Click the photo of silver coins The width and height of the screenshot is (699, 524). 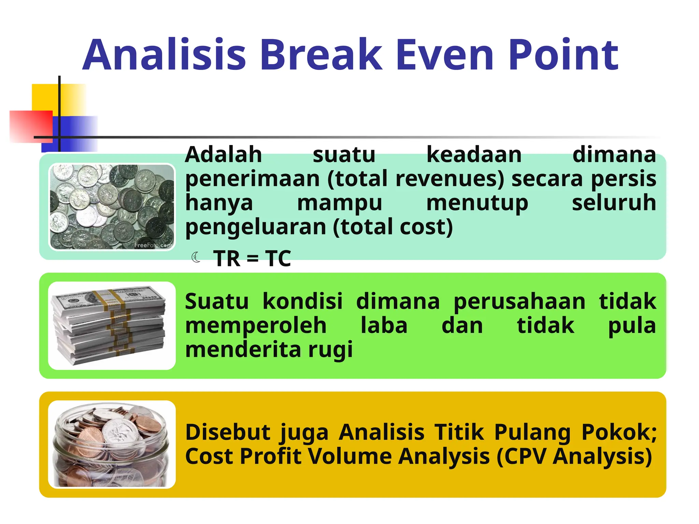click(112, 207)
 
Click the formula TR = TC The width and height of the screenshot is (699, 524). click(252, 259)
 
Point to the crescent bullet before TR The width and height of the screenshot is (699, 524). click(196, 257)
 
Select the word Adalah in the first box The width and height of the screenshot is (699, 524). click(224, 155)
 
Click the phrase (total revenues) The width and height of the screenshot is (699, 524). click(415, 179)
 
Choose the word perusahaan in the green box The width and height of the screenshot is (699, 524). click(519, 302)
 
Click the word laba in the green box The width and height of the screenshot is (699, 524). click(384, 325)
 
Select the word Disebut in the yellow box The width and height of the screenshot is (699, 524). click(228, 432)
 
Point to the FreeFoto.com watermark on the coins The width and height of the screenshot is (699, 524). click(153, 245)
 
